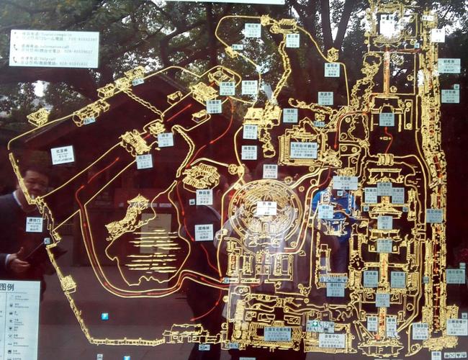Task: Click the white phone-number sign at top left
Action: [x=54, y=48]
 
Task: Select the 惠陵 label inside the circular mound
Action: [x=266, y=207]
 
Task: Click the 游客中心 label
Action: [x=331, y=340]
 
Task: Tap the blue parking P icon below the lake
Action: [x=105, y=316]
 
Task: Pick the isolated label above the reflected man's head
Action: [x=62, y=155]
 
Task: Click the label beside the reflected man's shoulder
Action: [x=35, y=224]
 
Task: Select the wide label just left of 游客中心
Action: [x=277, y=333]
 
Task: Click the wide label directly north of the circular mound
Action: [x=303, y=150]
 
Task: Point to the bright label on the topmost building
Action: [x=387, y=24]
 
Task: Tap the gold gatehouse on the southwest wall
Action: [x=68, y=283]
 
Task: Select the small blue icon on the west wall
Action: [x=47, y=240]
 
